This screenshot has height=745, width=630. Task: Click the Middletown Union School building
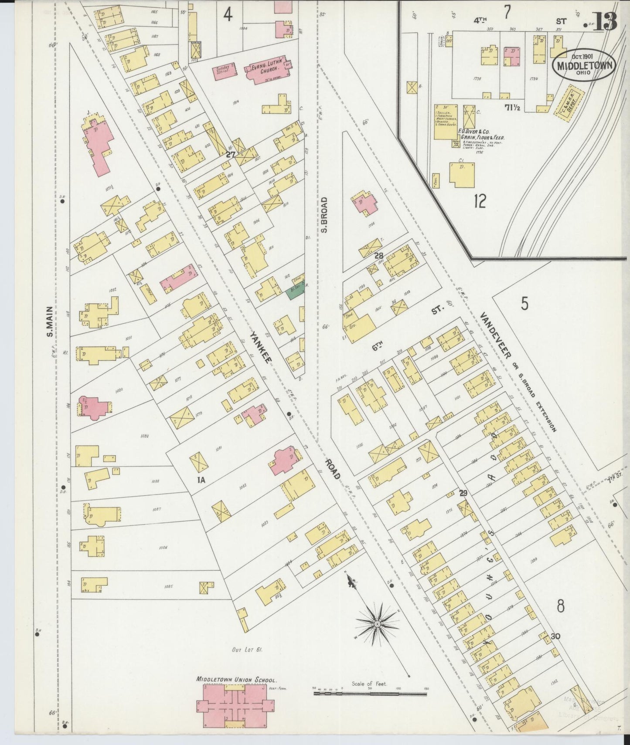(235, 704)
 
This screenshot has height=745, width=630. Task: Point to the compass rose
(376, 624)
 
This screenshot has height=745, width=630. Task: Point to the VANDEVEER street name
(495, 335)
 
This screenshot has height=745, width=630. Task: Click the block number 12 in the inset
(480, 201)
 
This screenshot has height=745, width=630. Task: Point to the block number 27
(231, 154)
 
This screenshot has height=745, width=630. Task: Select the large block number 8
(561, 606)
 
